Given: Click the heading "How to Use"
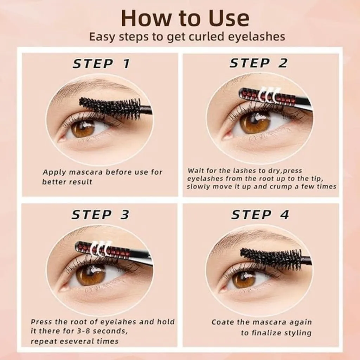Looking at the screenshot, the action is [185, 18].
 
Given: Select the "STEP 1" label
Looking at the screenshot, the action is [101, 64].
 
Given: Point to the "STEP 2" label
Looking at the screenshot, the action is [258, 63].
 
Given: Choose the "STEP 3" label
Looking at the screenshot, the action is [100, 215].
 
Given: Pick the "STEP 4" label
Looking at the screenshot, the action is [260, 215].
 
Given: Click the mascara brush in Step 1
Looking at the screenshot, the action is [110, 108].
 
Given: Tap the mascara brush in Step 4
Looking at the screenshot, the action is [271, 258].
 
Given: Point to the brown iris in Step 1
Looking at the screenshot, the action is [83, 127].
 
